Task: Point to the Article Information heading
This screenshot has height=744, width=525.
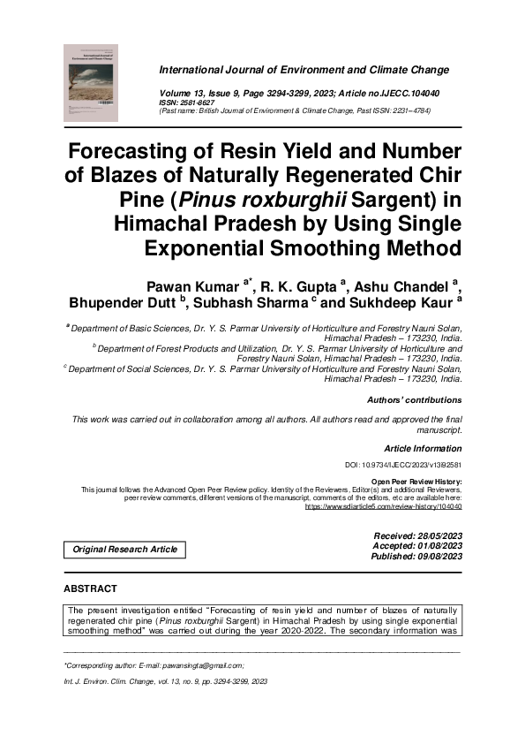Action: (x=423, y=449)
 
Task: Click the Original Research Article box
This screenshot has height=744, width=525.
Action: (x=124, y=550)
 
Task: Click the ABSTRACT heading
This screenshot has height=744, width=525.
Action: (x=90, y=588)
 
